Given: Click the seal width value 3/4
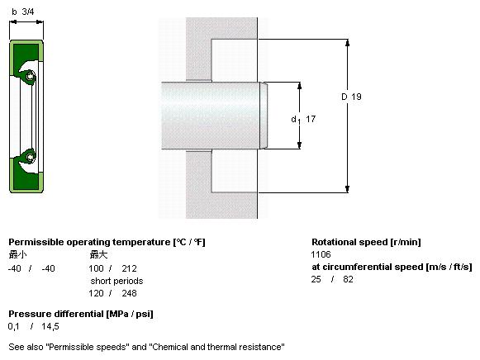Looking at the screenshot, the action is tap(28, 12).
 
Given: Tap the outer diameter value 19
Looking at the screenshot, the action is tap(356, 97).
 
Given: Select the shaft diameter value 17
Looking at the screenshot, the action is tap(311, 119).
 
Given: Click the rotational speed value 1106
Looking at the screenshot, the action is tap(321, 254).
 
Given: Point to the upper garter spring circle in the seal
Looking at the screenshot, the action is tap(30, 75).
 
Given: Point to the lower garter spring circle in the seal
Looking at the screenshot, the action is tap(30, 157).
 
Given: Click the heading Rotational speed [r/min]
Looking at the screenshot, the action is tap(366, 242).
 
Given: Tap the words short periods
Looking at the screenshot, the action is tap(116, 281).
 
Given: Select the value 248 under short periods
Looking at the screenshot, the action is tap(129, 293).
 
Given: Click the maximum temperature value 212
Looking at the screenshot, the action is tap(129, 268).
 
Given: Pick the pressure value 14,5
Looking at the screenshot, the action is tap(50, 327).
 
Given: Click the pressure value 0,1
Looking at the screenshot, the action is tap(13, 327).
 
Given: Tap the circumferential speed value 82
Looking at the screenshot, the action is tap(348, 279).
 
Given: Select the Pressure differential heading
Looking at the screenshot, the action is tap(81, 314).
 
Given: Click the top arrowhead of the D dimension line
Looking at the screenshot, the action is tap(347, 42).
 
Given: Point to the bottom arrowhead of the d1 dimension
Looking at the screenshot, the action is tap(299, 145).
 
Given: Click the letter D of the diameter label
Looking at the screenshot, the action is tap(345, 97).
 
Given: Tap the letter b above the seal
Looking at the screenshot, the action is tap(14, 12).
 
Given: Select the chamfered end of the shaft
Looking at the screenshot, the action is tap(264, 116).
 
